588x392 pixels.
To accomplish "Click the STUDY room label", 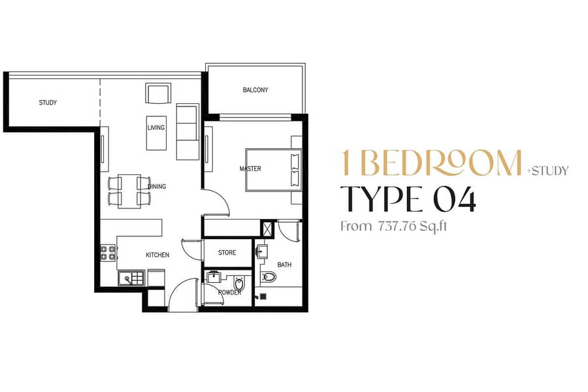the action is pos(48,103).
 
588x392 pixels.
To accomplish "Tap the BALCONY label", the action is pos(255,90).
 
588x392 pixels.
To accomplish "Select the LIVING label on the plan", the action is pos(156,127).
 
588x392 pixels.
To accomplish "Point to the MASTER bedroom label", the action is pos(250,169).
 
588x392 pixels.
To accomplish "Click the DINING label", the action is pos(157,186).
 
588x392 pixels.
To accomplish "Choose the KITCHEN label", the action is pos(157,255).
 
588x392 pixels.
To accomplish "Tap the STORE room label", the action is pos(227,253).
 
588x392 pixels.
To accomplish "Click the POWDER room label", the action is pos(229,292).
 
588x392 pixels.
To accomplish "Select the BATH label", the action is pos(284,265).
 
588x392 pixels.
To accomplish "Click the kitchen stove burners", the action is pos(108,253).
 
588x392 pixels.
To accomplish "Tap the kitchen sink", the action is pos(131,278).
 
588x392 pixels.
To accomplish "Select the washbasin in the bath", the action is pos(262,252).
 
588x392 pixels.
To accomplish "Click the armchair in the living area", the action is pos(158,93).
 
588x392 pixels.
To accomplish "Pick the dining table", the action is pos(129,191).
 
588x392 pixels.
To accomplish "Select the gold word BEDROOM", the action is pos(442,163).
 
